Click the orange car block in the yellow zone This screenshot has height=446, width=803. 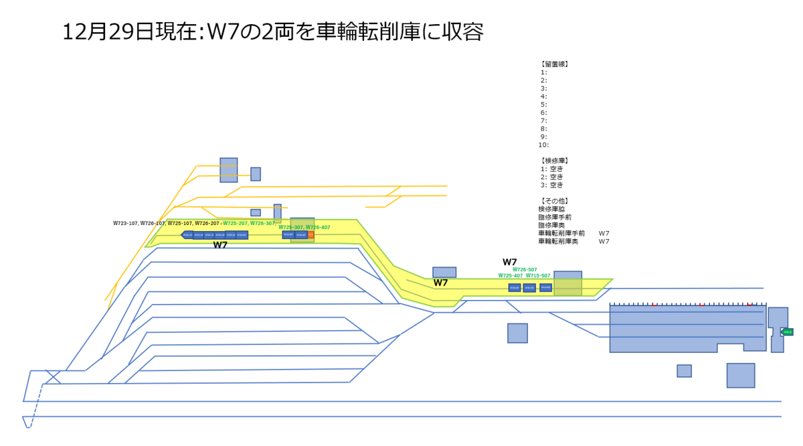pyautogui.click(x=310, y=235)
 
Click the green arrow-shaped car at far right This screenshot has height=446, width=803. pyautogui.click(x=787, y=332)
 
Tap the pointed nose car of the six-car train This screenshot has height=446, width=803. pyautogui.click(x=187, y=235)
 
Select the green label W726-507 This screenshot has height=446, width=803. pyautogui.click(x=525, y=269)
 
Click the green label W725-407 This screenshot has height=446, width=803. pyautogui.click(x=510, y=276)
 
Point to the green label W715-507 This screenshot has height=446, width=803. pyautogui.click(x=538, y=276)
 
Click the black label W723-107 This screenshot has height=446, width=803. pyautogui.click(x=125, y=223)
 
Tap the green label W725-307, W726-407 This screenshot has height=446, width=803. pyautogui.click(x=304, y=228)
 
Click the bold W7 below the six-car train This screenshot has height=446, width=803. pyautogui.click(x=220, y=245)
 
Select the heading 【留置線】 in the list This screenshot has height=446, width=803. pyautogui.click(x=553, y=64)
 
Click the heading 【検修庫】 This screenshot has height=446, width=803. pyautogui.click(x=553, y=161)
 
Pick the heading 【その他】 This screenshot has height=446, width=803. pyautogui.click(x=553, y=201)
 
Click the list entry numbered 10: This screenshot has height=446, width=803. pyautogui.click(x=543, y=145)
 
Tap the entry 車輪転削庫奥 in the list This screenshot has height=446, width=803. pyautogui.click(x=561, y=241)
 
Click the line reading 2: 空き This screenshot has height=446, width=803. pyautogui.click(x=552, y=177)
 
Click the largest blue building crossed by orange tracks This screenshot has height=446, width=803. pyautogui.click(x=229, y=170)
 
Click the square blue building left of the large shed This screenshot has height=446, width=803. pyautogui.click(x=517, y=333)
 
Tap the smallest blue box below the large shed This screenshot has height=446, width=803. pyautogui.click(x=684, y=371)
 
